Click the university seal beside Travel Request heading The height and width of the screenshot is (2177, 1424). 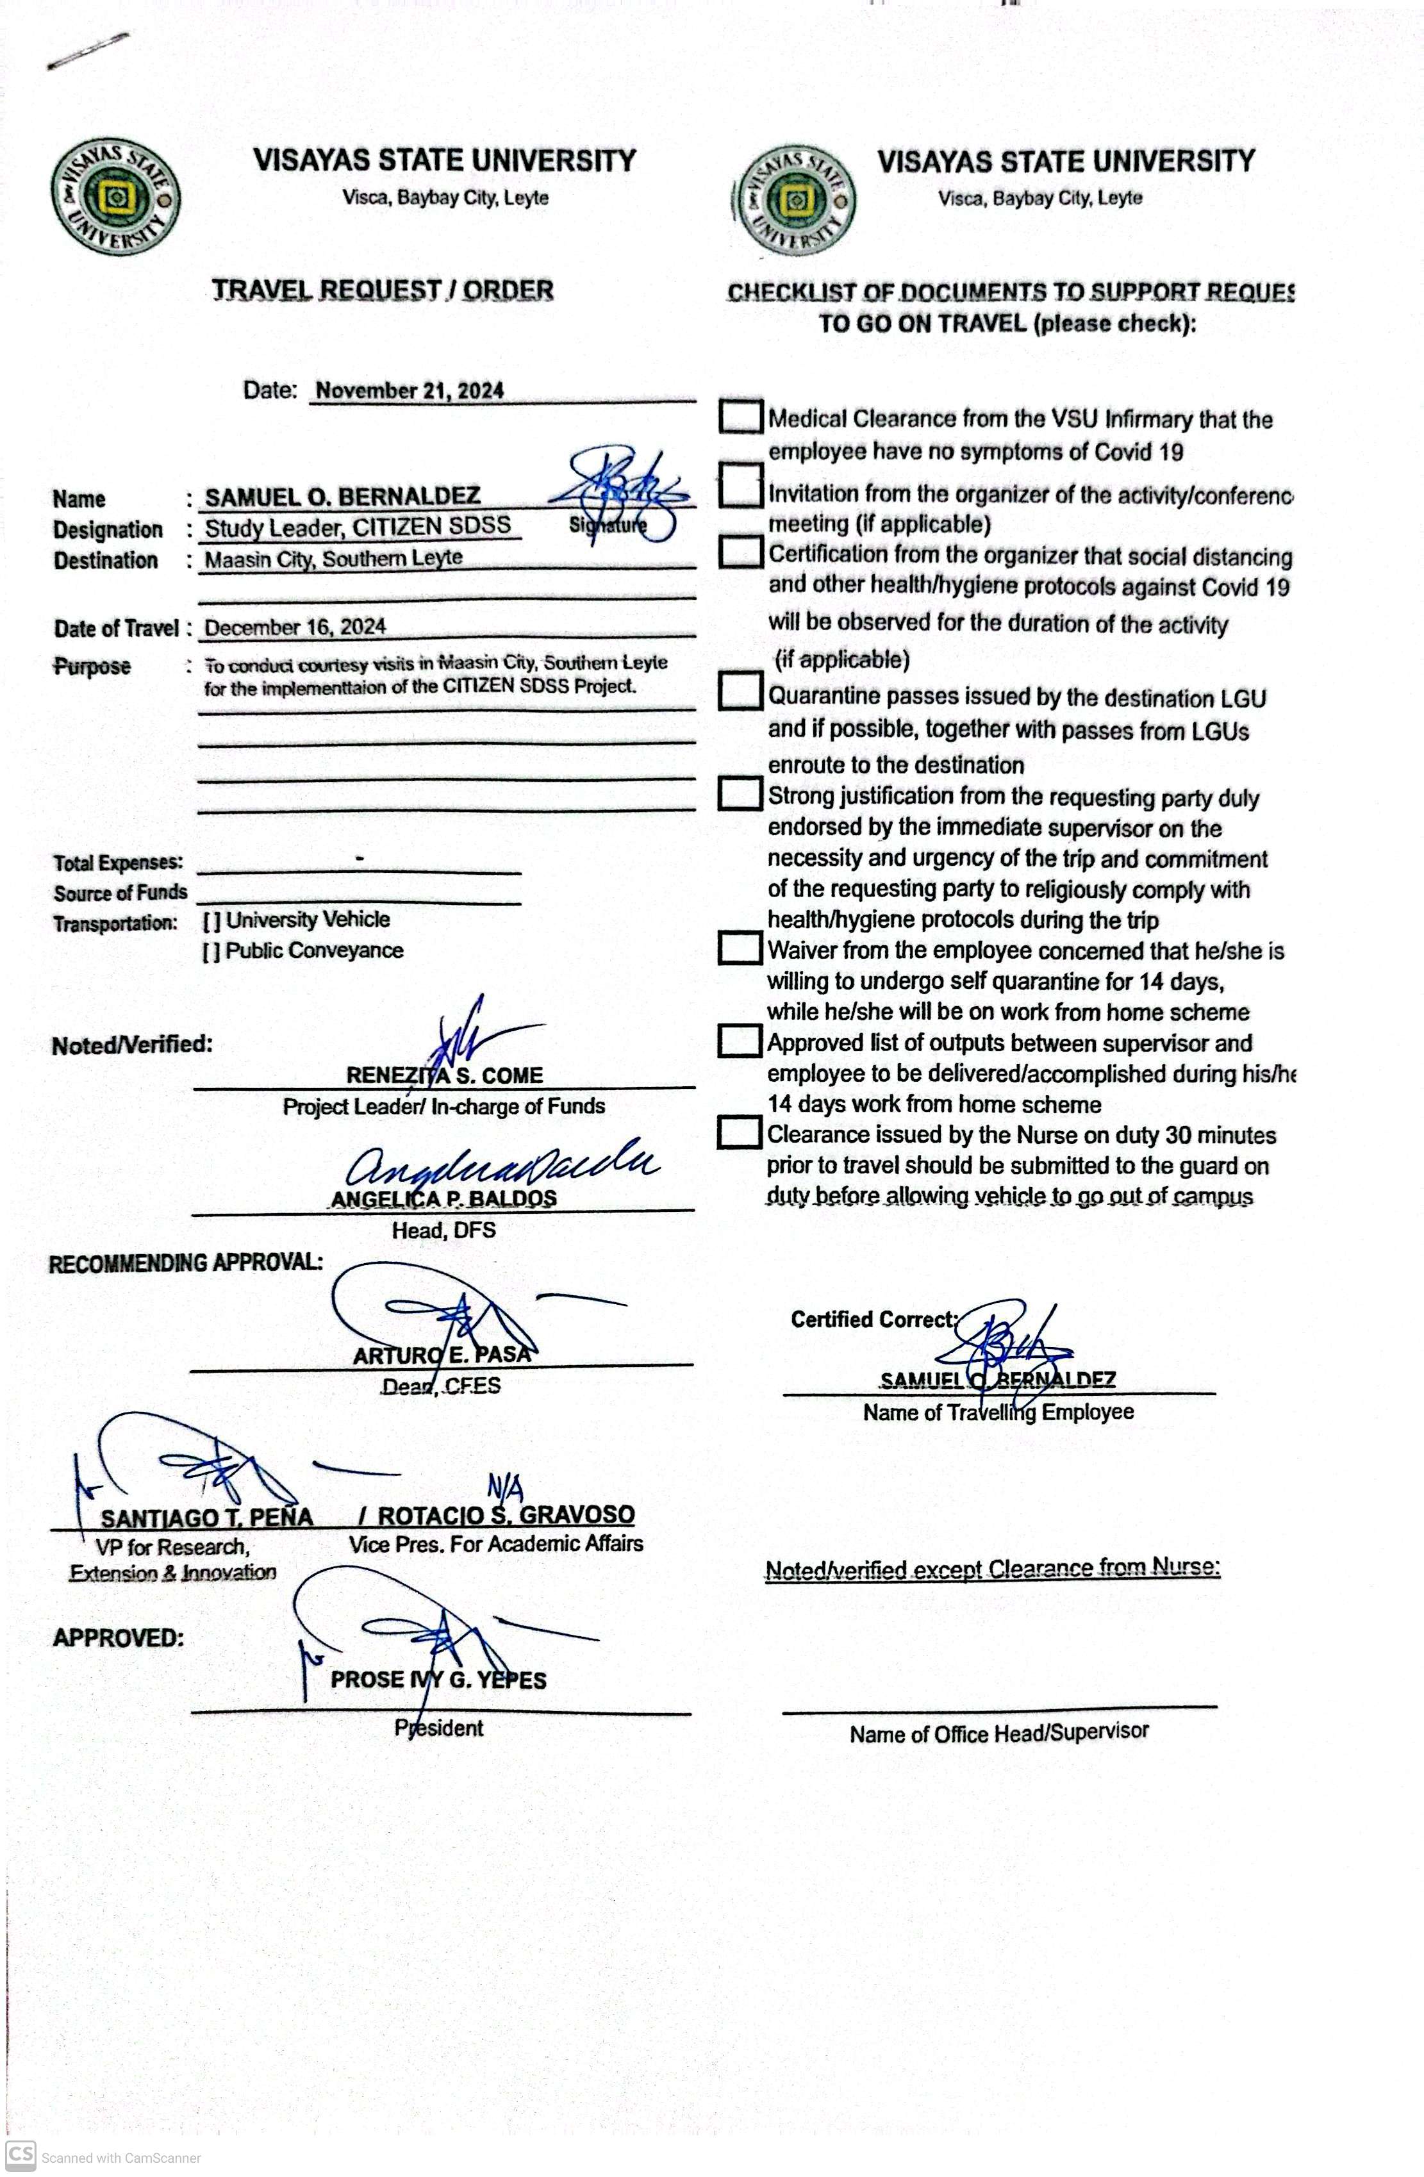(x=115, y=199)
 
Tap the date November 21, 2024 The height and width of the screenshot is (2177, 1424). (x=410, y=390)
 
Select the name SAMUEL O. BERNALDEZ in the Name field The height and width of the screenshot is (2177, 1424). (x=342, y=497)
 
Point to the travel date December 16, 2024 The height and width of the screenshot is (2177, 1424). (x=295, y=627)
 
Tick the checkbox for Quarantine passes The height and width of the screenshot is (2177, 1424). (x=740, y=691)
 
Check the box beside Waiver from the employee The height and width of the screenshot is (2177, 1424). (x=740, y=948)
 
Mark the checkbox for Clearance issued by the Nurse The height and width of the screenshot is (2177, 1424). (x=740, y=1132)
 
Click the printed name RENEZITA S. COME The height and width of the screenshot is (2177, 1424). (x=445, y=1076)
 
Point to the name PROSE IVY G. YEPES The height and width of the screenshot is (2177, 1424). (x=438, y=1680)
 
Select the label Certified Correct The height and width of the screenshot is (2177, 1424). (x=872, y=1319)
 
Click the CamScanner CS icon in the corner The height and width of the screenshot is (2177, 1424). (x=20, y=2153)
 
